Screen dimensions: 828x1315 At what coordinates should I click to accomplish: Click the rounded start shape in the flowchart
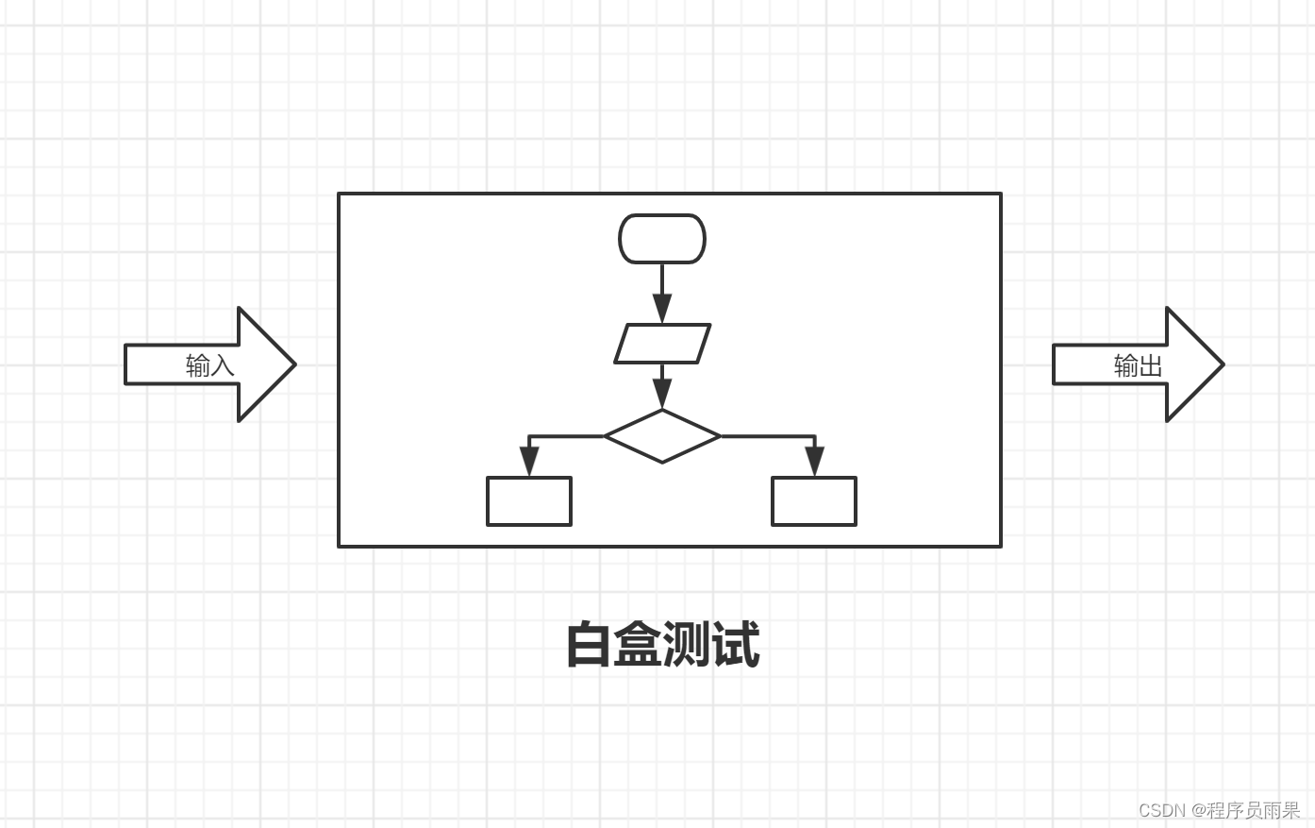[661, 239]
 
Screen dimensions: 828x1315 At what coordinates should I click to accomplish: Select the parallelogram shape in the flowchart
[662, 344]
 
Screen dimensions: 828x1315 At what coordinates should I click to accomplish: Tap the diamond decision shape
[662, 436]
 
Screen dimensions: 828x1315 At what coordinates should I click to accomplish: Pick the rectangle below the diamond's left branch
[529, 501]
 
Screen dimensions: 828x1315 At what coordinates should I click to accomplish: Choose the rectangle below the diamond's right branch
[814, 501]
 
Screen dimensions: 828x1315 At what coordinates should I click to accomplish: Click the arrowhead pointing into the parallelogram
[662, 308]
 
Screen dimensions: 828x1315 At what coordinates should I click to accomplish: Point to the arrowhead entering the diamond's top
[662, 395]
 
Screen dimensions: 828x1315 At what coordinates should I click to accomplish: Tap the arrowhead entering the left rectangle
[529, 462]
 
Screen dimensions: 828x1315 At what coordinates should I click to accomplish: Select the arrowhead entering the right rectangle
[814, 462]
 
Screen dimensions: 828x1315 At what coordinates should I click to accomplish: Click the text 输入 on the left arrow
[209, 365]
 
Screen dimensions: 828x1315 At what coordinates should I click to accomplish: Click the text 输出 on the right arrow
[1138, 365]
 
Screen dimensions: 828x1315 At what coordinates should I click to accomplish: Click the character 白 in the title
[589, 646]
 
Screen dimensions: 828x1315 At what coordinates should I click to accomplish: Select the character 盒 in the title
[638, 646]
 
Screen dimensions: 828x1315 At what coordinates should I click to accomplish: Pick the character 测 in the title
[687, 646]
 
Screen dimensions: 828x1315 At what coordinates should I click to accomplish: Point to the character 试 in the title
[736, 646]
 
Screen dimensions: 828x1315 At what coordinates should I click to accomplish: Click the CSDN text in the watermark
[1161, 810]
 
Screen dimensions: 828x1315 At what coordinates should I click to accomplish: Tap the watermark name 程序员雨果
[1254, 810]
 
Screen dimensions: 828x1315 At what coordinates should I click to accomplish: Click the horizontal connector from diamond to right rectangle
[766, 436]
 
